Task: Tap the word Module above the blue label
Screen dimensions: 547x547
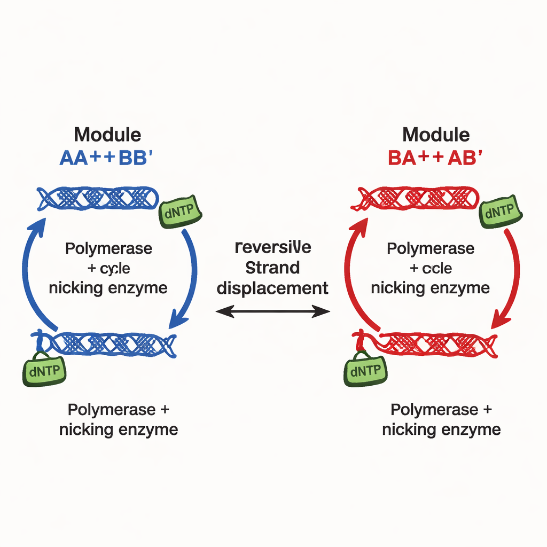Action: [108, 134]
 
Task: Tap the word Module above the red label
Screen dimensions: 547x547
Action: [436, 134]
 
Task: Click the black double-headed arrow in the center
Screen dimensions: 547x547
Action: [273, 311]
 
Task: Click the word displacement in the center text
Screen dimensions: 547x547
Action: [273, 288]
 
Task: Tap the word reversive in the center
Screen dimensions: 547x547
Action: [273, 248]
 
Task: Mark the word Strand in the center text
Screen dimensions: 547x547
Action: [273, 268]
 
